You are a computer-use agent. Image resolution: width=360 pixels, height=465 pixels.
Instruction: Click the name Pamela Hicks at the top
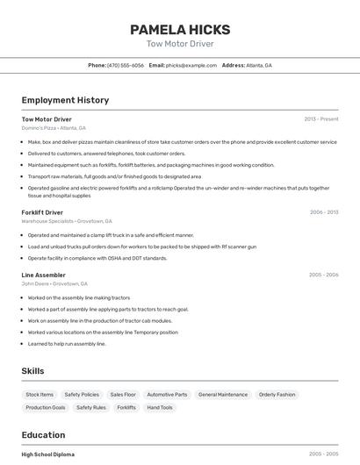point(179,29)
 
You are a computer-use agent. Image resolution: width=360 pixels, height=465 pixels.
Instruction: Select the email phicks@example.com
point(191,65)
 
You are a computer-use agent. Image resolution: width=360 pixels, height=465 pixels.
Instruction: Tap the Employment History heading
point(65,100)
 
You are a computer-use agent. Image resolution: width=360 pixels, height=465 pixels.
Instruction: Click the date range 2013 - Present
point(321,118)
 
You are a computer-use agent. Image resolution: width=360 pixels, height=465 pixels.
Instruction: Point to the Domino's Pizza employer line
point(54,128)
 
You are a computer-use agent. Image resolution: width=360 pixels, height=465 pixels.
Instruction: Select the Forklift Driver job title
point(42,212)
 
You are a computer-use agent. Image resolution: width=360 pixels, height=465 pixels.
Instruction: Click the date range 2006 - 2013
point(324,212)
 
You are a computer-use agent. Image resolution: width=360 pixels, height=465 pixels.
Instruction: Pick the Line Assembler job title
point(44,275)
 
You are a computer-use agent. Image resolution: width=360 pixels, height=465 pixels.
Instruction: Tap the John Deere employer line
point(54,283)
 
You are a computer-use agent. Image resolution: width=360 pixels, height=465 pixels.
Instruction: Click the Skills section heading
point(32,371)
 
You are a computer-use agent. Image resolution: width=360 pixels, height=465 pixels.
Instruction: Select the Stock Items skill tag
point(40,395)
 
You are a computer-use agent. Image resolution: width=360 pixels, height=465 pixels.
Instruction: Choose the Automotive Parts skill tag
point(167,395)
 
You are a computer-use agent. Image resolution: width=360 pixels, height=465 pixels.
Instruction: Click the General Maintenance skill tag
point(223,395)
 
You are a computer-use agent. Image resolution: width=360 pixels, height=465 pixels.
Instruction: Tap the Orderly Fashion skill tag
point(277,395)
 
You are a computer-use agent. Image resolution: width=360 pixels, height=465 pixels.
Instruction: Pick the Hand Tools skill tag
point(160,408)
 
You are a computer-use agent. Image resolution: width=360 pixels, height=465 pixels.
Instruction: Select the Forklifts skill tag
point(126,408)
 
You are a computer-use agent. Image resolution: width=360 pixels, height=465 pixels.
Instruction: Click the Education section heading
point(43,435)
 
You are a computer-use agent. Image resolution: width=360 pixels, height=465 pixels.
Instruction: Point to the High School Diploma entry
point(48,454)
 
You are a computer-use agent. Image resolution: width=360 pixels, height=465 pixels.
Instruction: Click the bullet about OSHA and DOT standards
point(97,258)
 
